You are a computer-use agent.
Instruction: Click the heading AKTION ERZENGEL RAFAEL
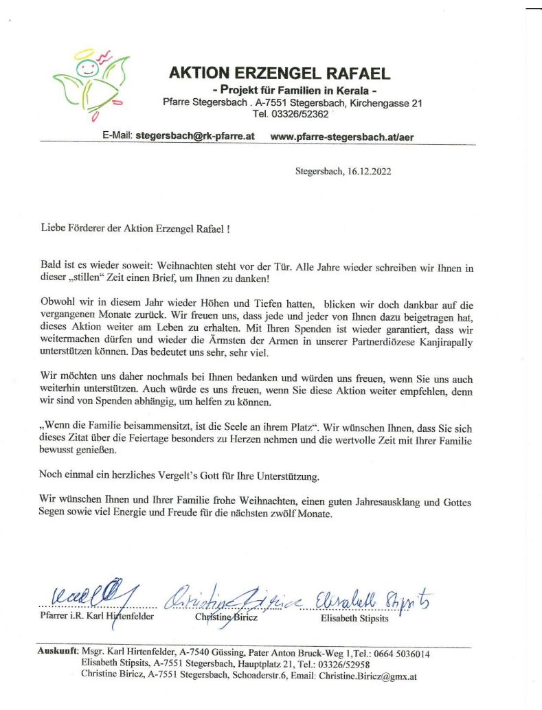pyautogui.click(x=279, y=73)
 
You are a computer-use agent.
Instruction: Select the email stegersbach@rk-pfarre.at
pyautogui.click(x=195, y=136)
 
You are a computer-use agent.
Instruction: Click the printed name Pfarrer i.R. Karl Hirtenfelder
pyautogui.click(x=96, y=617)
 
